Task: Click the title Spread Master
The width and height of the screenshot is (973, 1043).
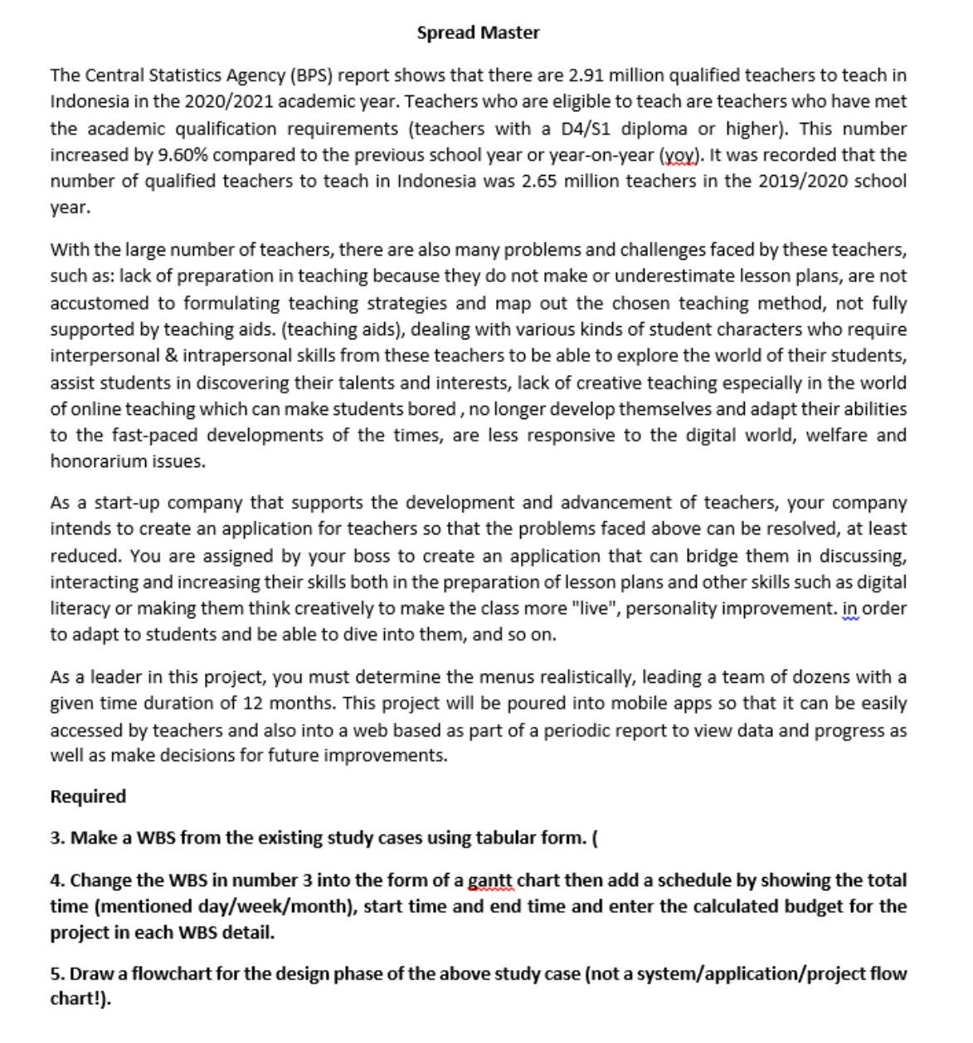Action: pyautogui.click(x=478, y=32)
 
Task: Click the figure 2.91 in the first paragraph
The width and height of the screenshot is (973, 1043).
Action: pyautogui.click(x=587, y=76)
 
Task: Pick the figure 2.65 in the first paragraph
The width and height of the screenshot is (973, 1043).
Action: pyautogui.click(x=540, y=181)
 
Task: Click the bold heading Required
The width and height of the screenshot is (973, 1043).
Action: pyautogui.click(x=88, y=797)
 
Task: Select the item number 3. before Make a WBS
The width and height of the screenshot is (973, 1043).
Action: pyautogui.click(x=57, y=838)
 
